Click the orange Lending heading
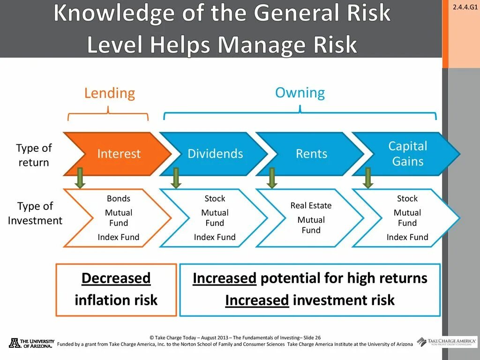tap(109, 93)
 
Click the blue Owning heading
tap(300, 92)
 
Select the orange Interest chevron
tap(118, 154)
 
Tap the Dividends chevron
tap(215, 154)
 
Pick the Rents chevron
tap(311, 154)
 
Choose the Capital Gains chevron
tap(407, 154)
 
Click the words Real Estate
tap(311, 205)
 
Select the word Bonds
tap(119, 198)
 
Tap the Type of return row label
tap(34, 155)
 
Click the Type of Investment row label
tap(35, 213)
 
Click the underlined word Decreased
tap(116, 278)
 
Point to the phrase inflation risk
tap(116, 300)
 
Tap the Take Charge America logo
tap(447, 342)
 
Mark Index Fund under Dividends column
tap(215, 237)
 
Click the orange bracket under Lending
tap(108, 114)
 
